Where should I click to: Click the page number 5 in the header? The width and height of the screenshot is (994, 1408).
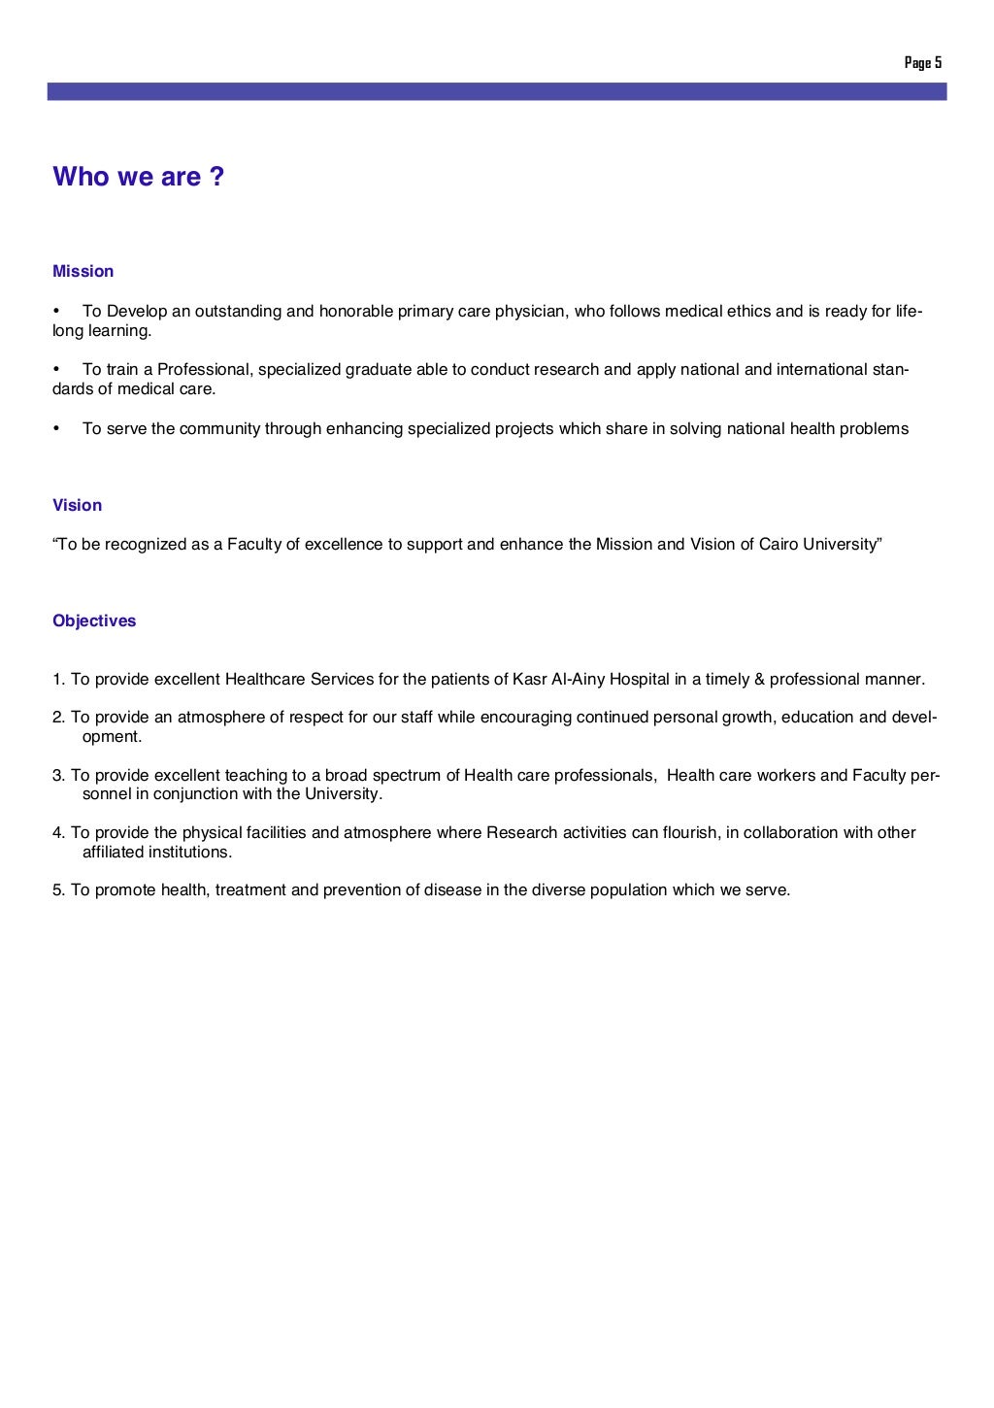pyautogui.click(x=939, y=63)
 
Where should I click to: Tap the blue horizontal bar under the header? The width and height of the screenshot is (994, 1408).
pyautogui.click(x=496, y=91)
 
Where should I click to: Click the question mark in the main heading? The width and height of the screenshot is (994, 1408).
pyautogui.click(x=216, y=177)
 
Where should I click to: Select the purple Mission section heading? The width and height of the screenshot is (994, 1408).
pyautogui.click(x=83, y=272)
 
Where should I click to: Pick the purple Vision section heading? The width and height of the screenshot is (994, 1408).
pyautogui.click(x=78, y=506)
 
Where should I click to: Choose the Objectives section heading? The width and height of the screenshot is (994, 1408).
pyautogui.click(x=94, y=621)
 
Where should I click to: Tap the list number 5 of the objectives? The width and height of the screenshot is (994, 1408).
pyautogui.click(x=57, y=890)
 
